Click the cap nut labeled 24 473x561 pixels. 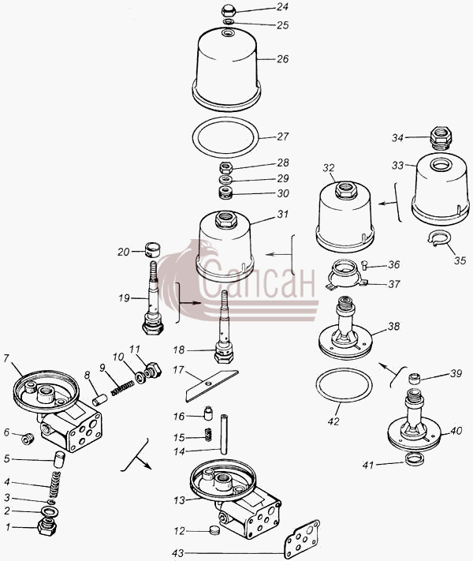coord(228,10)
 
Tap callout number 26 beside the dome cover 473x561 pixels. coord(282,58)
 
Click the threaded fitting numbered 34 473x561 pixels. coord(441,137)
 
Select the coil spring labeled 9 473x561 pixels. coord(123,387)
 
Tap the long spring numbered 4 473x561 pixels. coord(54,484)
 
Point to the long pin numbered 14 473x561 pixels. coord(224,434)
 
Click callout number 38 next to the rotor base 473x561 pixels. coord(393,326)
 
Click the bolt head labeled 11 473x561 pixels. coord(154,370)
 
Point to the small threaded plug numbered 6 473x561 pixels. coord(27,438)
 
